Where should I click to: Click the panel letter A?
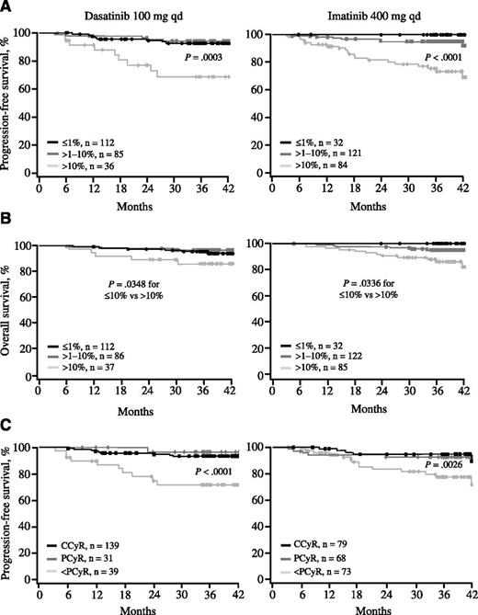click(7, 7)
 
